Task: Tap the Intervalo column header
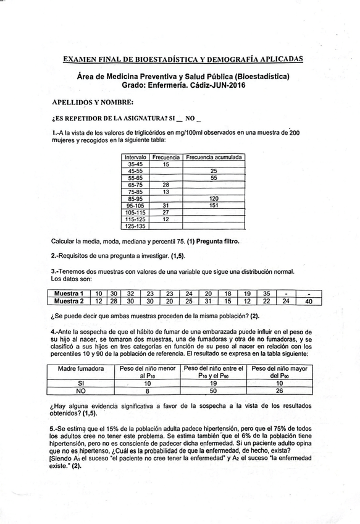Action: click(135, 158)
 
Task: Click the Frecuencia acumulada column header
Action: click(214, 158)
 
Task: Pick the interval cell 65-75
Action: click(135, 184)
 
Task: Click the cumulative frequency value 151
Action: click(214, 205)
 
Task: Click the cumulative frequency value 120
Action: click(214, 198)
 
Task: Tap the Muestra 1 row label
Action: click(69, 293)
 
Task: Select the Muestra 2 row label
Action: click(69, 301)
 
